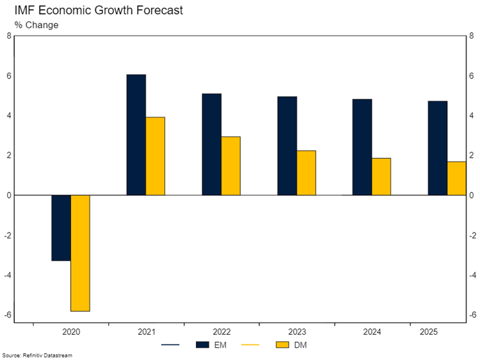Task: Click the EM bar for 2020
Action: [61, 228]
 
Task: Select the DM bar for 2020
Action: [80, 253]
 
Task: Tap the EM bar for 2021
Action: [136, 135]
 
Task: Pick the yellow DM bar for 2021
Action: [155, 156]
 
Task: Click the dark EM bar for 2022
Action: [211, 144]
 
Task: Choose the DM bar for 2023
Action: [306, 173]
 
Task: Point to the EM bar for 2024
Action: [362, 147]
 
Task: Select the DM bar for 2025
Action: [456, 178]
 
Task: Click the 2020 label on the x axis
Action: [71, 333]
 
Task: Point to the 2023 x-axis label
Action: [297, 333]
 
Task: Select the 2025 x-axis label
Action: [430, 333]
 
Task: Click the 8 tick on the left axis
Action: [9, 36]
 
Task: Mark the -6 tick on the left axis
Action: [7, 315]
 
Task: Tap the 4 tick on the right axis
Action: [472, 116]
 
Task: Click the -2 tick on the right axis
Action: [474, 235]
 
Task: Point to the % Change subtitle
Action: [36, 25]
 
